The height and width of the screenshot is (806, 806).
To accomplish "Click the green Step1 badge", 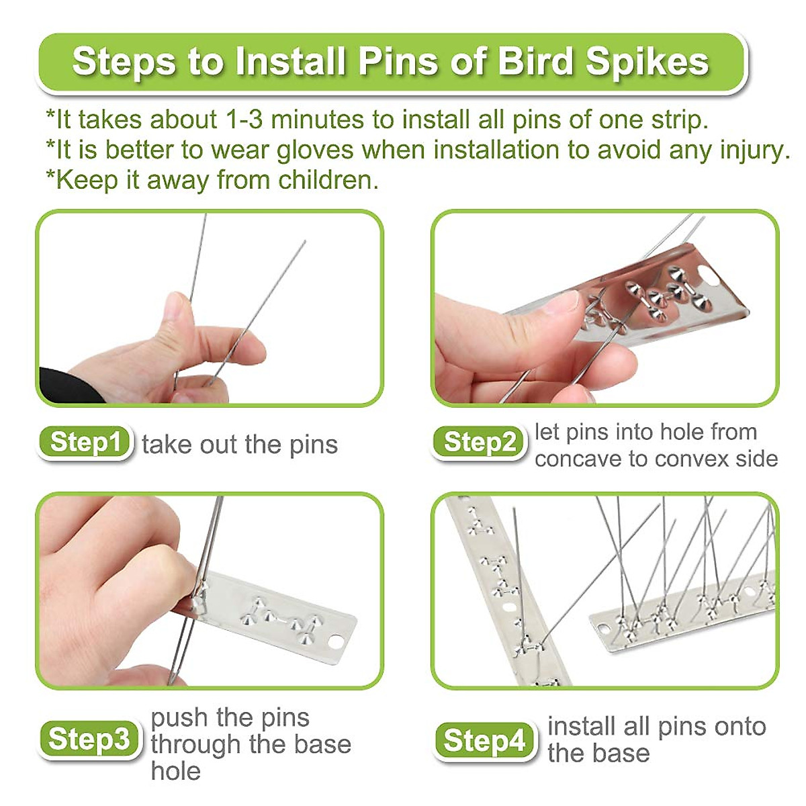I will click(85, 443).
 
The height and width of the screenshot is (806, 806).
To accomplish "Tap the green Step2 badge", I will click(480, 443).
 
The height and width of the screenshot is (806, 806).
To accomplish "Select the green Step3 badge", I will click(89, 739).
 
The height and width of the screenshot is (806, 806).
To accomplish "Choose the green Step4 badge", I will click(484, 741).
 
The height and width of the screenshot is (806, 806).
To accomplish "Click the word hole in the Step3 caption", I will click(175, 771).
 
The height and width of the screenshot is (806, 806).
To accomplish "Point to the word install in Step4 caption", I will click(582, 726).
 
